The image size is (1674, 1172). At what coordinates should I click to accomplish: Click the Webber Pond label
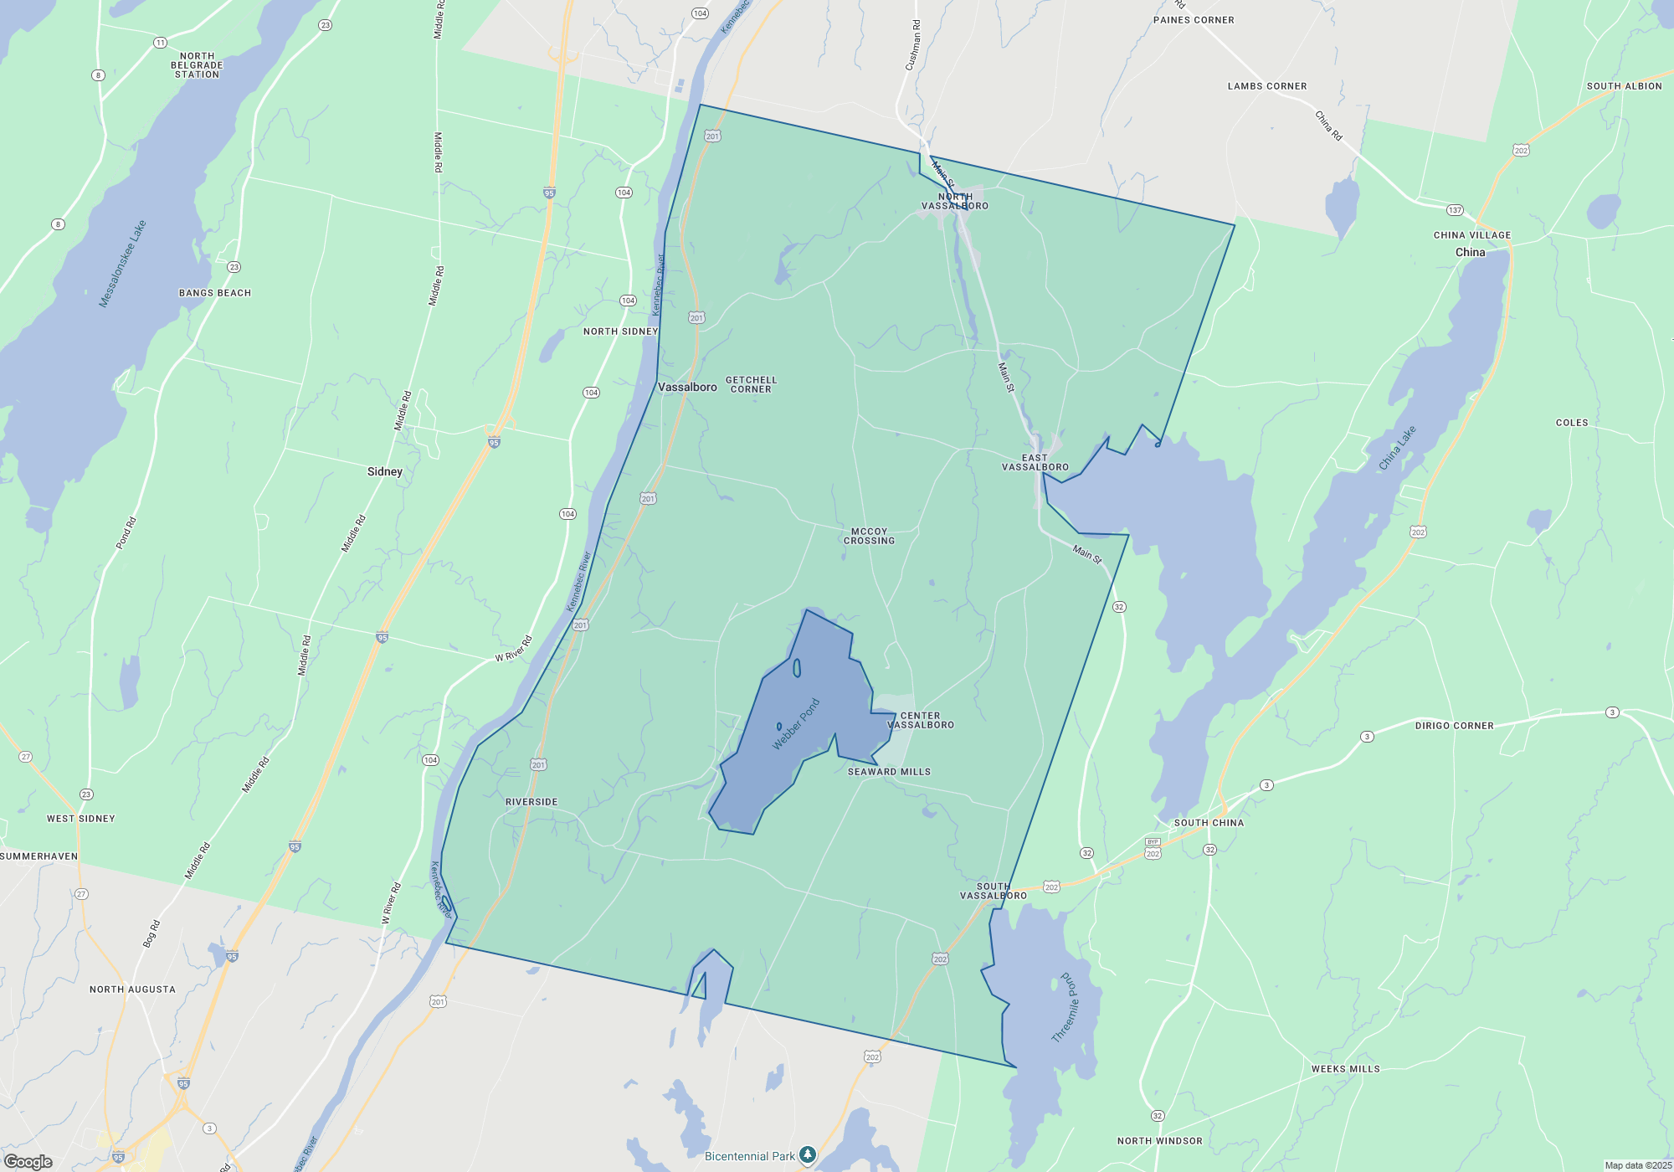point(796,724)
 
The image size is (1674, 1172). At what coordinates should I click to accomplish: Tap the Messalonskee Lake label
point(122,264)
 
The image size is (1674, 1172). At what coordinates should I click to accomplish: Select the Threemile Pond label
point(1066,1007)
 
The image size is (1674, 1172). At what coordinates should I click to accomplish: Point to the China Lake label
point(1397,448)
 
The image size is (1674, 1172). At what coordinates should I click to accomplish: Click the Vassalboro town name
point(687,387)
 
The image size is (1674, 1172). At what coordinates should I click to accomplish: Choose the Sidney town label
point(385,471)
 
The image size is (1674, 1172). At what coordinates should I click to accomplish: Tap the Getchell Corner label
point(751,384)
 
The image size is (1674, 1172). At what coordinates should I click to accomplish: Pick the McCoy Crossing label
point(869,536)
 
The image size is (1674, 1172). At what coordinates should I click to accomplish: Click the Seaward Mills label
point(889,772)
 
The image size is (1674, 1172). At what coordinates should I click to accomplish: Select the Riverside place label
point(531,802)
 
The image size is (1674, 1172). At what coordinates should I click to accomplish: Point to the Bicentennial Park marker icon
point(807,1155)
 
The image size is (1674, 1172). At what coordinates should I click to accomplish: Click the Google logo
point(28,1161)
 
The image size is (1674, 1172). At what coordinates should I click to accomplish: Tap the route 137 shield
point(1455,209)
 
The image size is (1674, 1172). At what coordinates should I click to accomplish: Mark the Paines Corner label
point(1194,20)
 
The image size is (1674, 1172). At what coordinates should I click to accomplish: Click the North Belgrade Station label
point(197,65)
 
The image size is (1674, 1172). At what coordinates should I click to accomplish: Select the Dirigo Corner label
point(1455,726)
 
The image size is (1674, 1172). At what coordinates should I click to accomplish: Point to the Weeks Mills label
point(1346,1069)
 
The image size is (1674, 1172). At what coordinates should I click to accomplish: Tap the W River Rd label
point(513,649)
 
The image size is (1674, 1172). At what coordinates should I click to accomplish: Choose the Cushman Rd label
point(913,45)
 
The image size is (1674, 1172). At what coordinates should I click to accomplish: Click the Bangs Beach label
point(215,293)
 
